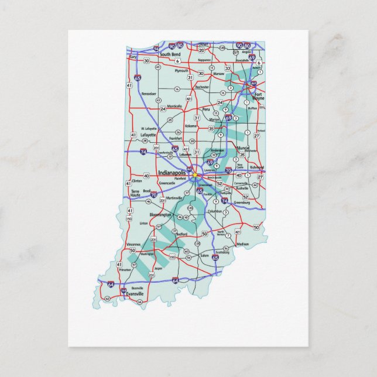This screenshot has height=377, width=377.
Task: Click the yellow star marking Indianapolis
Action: pyautogui.click(x=194, y=174)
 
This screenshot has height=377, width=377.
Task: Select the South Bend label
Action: pyautogui.click(x=170, y=54)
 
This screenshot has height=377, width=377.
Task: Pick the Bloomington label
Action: pyautogui.click(x=160, y=215)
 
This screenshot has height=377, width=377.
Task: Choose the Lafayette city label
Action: pyautogui.click(x=148, y=135)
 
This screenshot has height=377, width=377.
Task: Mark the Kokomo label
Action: pyautogui.click(x=191, y=126)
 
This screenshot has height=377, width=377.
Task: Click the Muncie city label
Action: pyautogui.click(x=244, y=148)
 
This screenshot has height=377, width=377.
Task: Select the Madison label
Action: pyautogui.click(x=242, y=244)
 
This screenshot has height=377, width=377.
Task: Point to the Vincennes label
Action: pyautogui.click(x=133, y=244)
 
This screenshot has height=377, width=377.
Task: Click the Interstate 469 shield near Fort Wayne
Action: pyautogui.click(x=253, y=84)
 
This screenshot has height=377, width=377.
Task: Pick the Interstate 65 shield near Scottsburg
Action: pyautogui.click(x=215, y=256)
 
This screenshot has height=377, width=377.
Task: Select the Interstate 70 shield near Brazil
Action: pyautogui.click(x=154, y=195)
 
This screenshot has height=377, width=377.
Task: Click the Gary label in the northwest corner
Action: pyautogui.click(x=133, y=57)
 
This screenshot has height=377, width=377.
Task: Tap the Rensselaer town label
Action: pyautogui.click(x=149, y=94)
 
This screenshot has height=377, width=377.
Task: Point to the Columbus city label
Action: pyautogui.click(x=214, y=211)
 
